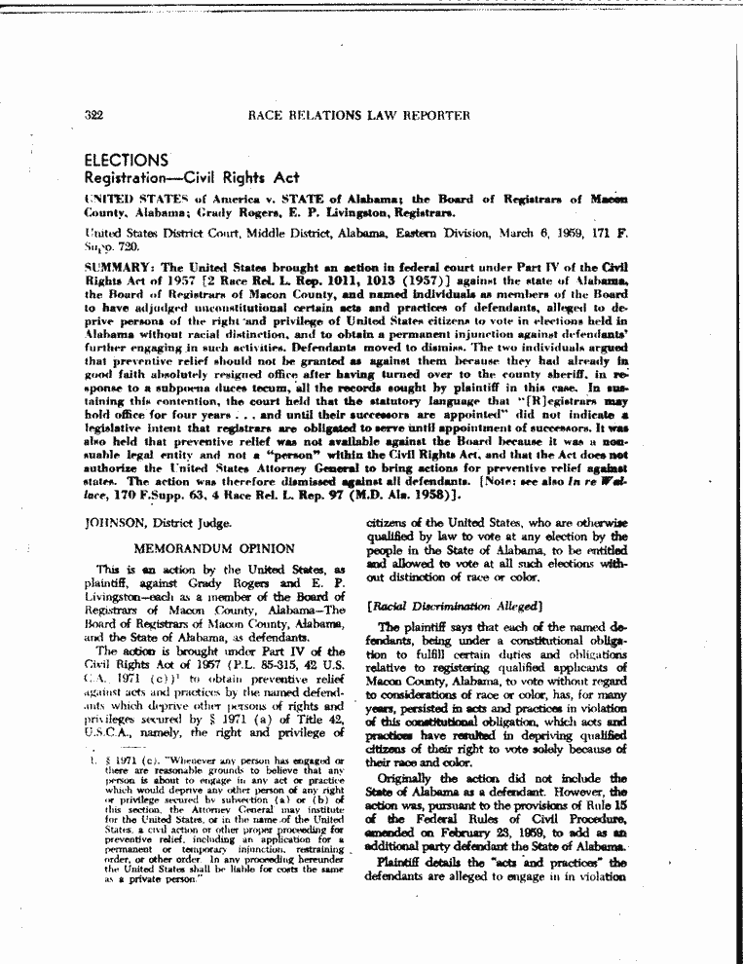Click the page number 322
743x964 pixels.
94,115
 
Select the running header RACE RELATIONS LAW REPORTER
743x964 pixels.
359,115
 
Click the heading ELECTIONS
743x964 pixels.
127,159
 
